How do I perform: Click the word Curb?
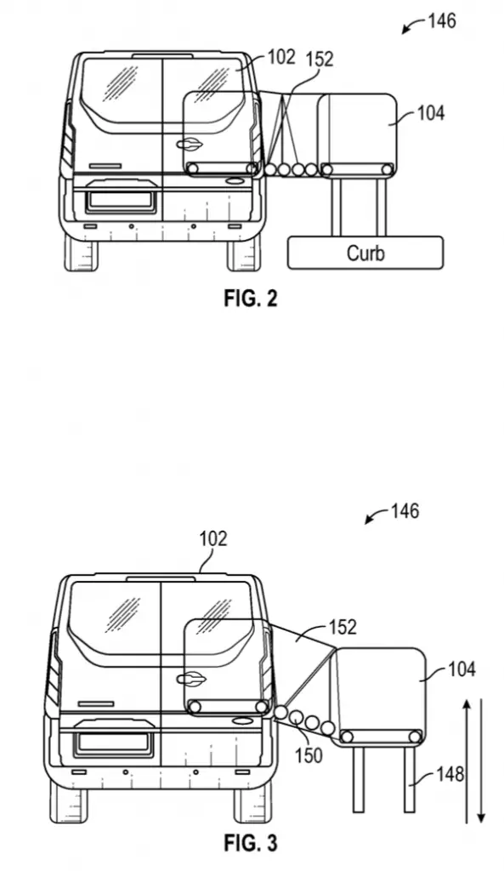[x=365, y=253]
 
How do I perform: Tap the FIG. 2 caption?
[x=251, y=299]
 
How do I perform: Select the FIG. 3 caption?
[x=251, y=843]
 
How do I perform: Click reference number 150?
[x=309, y=755]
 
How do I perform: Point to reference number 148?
[x=450, y=774]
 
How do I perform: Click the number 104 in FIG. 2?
[x=431, y=113]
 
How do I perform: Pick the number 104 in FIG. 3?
[x=462, y=669]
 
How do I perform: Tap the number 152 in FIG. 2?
[x=320, y=59]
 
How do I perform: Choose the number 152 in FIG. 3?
[x=343, y=627]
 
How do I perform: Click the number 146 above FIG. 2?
[x=442, y=21]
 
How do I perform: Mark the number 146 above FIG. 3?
[x=405, y=511]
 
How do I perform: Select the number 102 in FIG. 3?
[x=213, y=538]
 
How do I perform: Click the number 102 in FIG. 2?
[x=281, y=57]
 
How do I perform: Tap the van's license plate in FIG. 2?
[x=120, y=201]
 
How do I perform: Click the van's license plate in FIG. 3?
[x=113, y=742]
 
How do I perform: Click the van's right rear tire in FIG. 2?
[x=243, y=252]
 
